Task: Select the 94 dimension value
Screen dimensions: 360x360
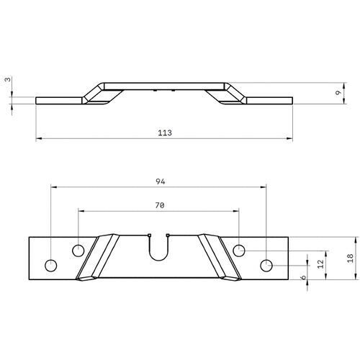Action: (160, 181)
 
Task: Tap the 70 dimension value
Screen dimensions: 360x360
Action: (160, 206)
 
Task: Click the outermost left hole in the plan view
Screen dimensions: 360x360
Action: (50, 265)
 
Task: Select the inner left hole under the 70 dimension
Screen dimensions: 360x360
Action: (78, 251)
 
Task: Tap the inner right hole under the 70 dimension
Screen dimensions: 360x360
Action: (240, 251)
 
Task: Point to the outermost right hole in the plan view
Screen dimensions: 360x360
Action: (267, 265)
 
